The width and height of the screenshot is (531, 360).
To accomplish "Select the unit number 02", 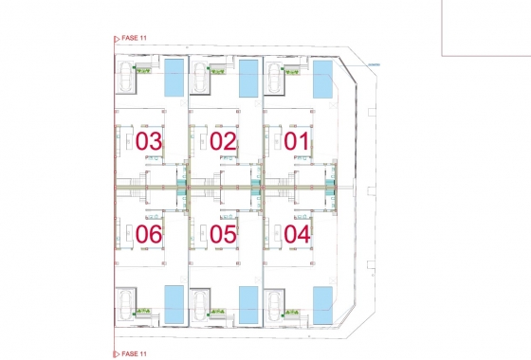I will tap(223, 142).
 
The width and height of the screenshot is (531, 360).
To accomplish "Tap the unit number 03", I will tap(149, 142).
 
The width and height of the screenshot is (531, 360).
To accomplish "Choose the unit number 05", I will tap(223, 232).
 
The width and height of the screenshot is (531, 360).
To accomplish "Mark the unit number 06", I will tap(149, 232).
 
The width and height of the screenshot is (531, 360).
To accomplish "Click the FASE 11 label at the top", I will tap(134, 38).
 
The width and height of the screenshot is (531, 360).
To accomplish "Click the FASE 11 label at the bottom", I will tap(134, 353).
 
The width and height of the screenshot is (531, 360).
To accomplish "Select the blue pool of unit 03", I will tap(174, 78).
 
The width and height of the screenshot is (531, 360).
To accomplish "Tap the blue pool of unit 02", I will tap(248, 78).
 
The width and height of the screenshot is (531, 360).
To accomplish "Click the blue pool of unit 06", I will tap(174, 303).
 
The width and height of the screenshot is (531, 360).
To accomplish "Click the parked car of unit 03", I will tap(125, 80).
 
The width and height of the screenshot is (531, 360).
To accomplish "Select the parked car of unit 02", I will tap(200, 80).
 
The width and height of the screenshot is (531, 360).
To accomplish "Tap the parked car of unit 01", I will tap(275, 80).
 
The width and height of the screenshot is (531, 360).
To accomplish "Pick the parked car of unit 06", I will tap(125, 305).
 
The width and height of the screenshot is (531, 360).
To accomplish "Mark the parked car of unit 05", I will tap(200, 305).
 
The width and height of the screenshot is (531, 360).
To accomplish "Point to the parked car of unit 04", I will tap(275, 305).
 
